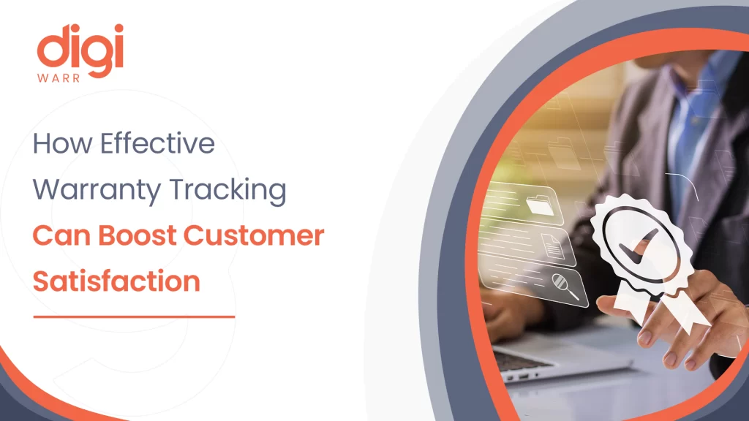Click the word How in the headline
click(x=62, y=143)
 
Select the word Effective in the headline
click(x=157, y=143)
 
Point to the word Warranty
click(x=86, y=190)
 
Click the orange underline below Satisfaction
click(x=135, y=316)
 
